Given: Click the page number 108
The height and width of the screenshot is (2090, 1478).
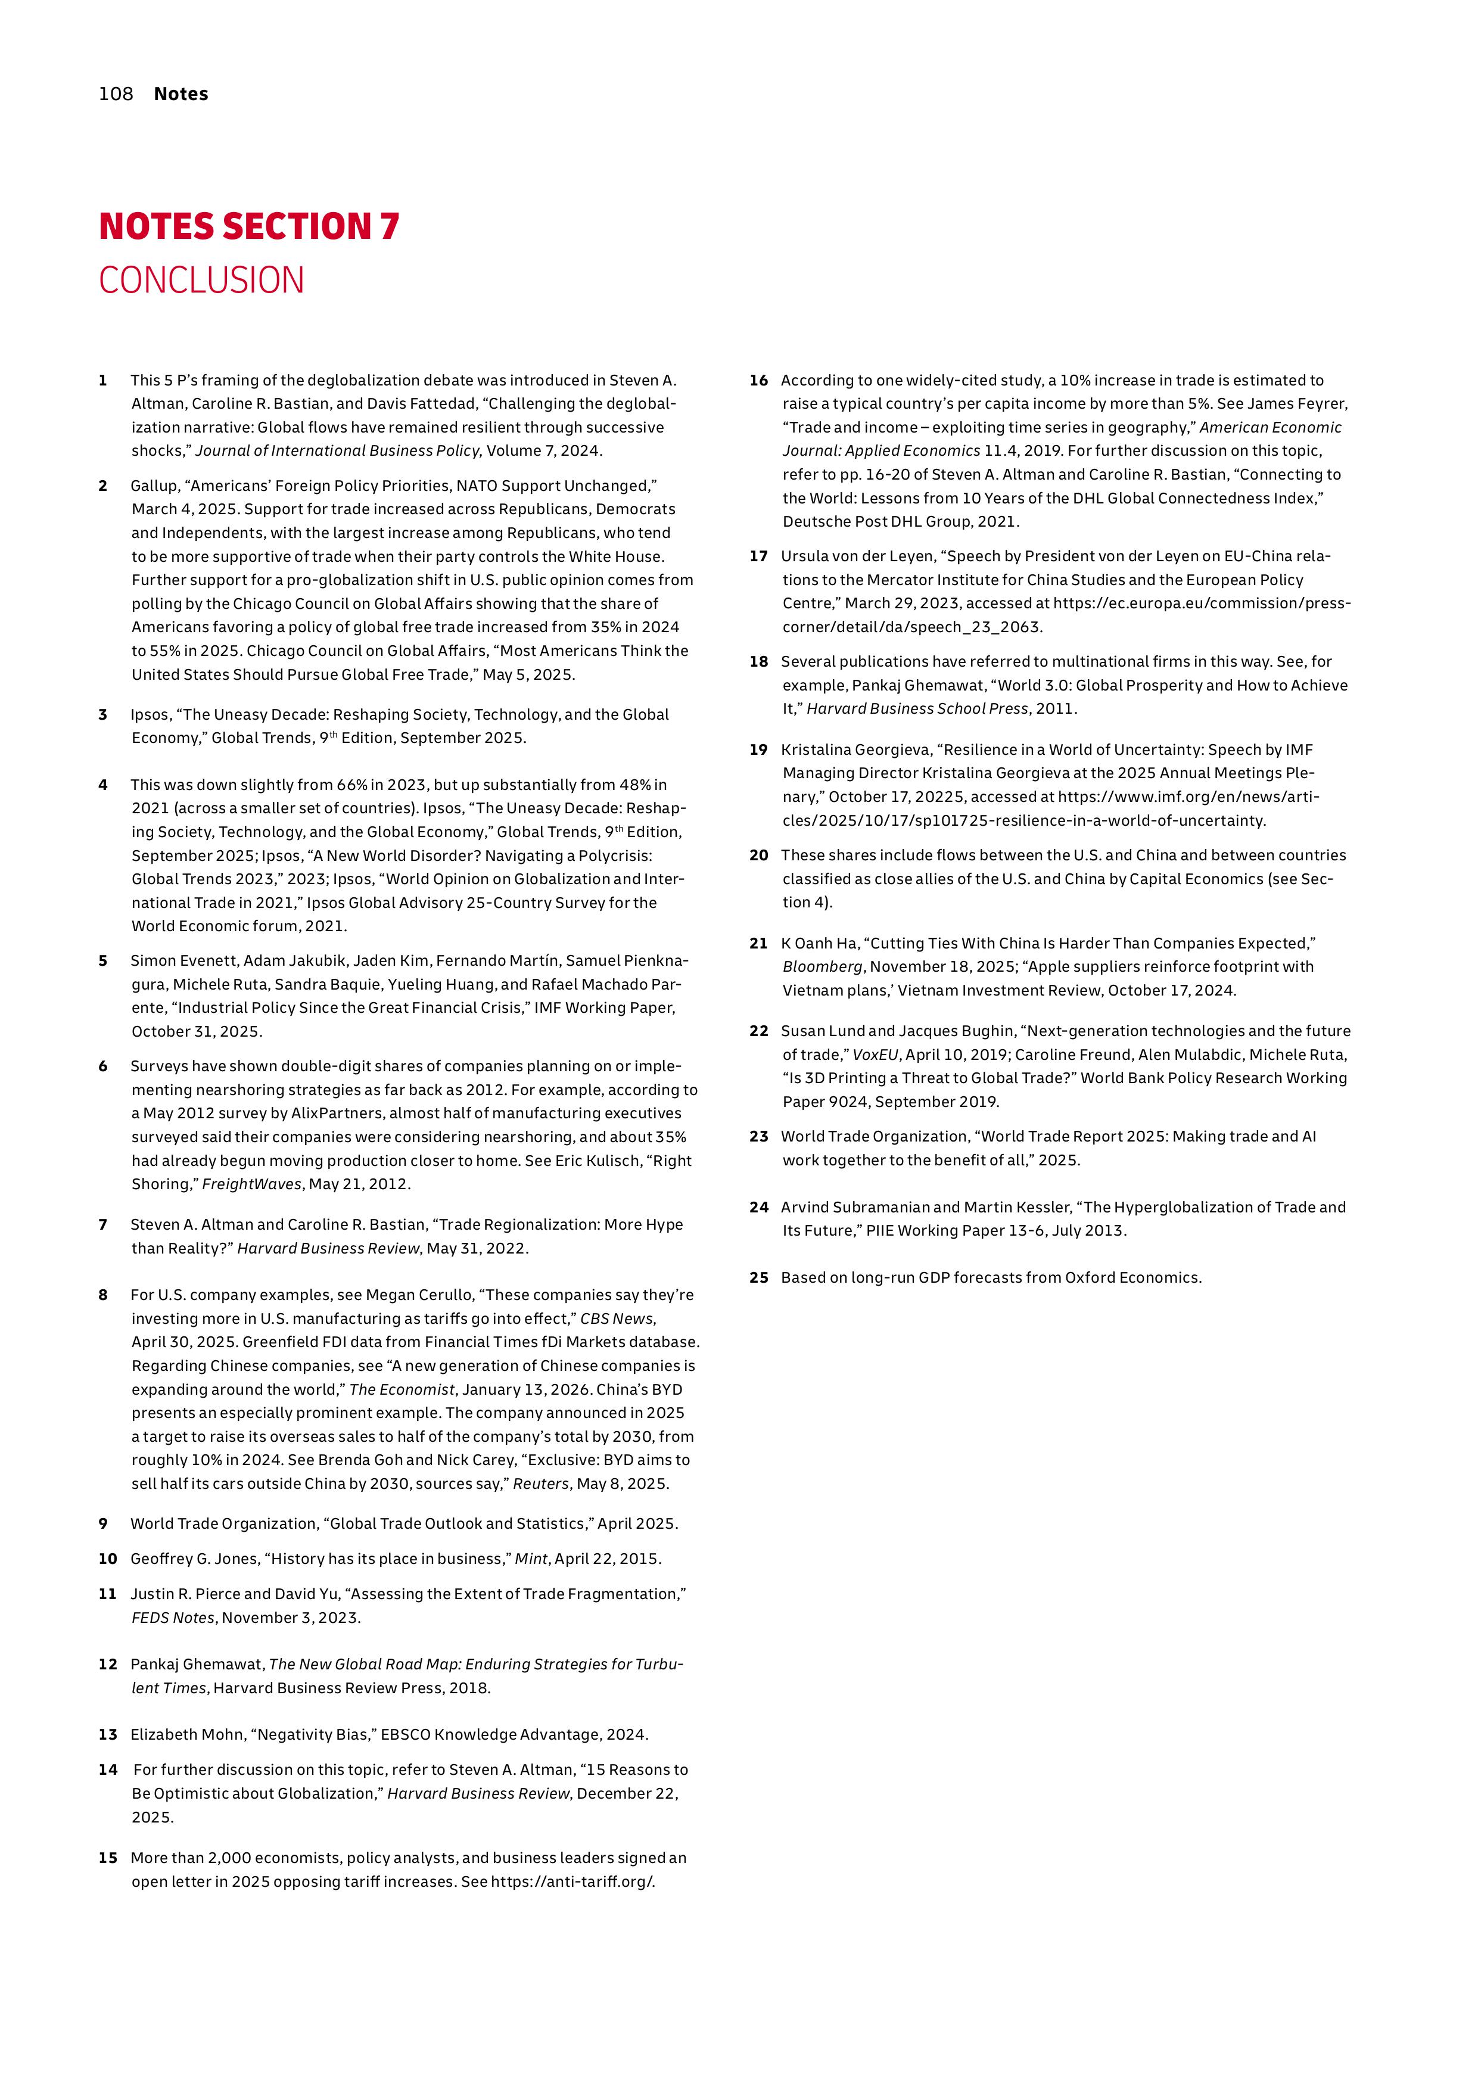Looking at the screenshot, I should (x=116, y=94).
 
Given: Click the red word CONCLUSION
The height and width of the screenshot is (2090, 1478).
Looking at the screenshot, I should (x=201, y=281).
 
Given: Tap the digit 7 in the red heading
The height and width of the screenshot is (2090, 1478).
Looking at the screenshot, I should (x=390, y=226).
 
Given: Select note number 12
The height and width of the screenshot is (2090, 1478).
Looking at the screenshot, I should (x=107, y=1664).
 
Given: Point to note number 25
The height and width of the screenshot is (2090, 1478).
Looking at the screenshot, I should (x=759, y=1277).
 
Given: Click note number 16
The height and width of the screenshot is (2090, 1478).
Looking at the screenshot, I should (x=759, y=381).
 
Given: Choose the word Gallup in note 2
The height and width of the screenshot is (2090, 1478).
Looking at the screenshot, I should (x=153, y=486).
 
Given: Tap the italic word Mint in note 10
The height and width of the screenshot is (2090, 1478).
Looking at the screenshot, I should (x=531, y=1559).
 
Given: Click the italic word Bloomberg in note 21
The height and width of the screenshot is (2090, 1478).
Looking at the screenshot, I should (x=822, y=967).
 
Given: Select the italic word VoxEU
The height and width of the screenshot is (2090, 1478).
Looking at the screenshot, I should (x=875, y=1055).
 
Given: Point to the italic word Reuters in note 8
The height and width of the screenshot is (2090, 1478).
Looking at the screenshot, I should (x=540, y=1483).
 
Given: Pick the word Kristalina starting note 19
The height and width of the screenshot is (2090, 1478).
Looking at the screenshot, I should (x=819, y=750).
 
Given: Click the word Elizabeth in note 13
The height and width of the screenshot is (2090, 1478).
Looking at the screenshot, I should (x=165, y=1734).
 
